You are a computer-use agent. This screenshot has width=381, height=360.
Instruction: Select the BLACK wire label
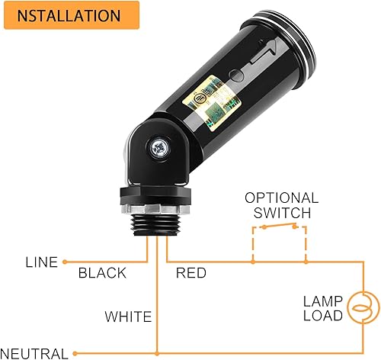pyautogui.click(x=102, y=273)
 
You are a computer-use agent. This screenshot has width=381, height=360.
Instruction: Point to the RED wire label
pyautogui.click(x=191, y=273)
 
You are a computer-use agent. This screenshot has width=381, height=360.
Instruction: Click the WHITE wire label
pyautogui.click(x=127, y=316)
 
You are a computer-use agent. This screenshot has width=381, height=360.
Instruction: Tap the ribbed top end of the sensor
pyautogui.click(x=301, y=38)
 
